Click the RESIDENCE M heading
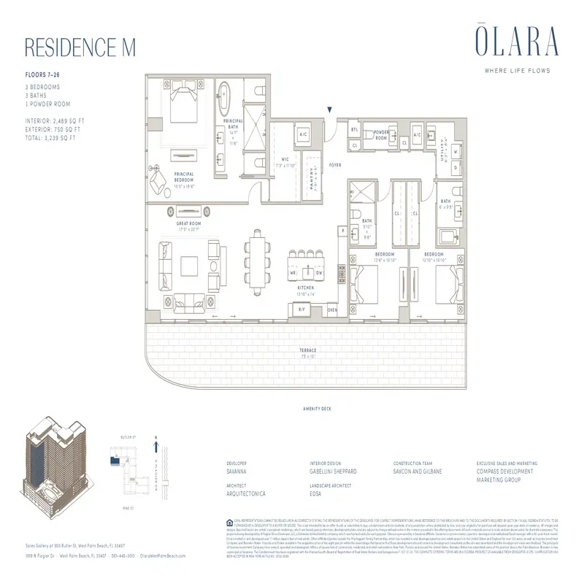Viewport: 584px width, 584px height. (x=81, y=46)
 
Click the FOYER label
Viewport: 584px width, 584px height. (x=335, y=166)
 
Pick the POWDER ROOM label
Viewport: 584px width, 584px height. (x=381, y=135)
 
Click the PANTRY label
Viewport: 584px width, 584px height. (x=310, y=175)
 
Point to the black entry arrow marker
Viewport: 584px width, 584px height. (x=331, y=109)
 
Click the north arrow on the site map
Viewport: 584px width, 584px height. (x=156, y=443)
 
